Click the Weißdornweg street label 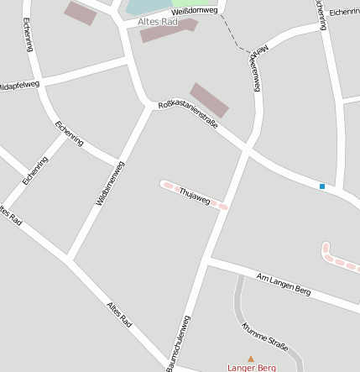[x=195, y=11]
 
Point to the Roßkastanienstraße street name [x=188, y=115]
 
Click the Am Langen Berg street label [x=284, y=284]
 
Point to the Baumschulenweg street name [x=180, y=343]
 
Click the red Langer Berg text [x=252, y=368]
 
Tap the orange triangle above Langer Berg [x=250, y=359]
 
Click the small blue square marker [x=321, y=186]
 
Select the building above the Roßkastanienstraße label [x=209, y=100]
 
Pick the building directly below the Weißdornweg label [x=168, y=30]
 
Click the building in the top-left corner [x=81, y=13]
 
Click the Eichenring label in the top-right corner [x=344, y=13]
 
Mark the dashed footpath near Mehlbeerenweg [x=234, y=34]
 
